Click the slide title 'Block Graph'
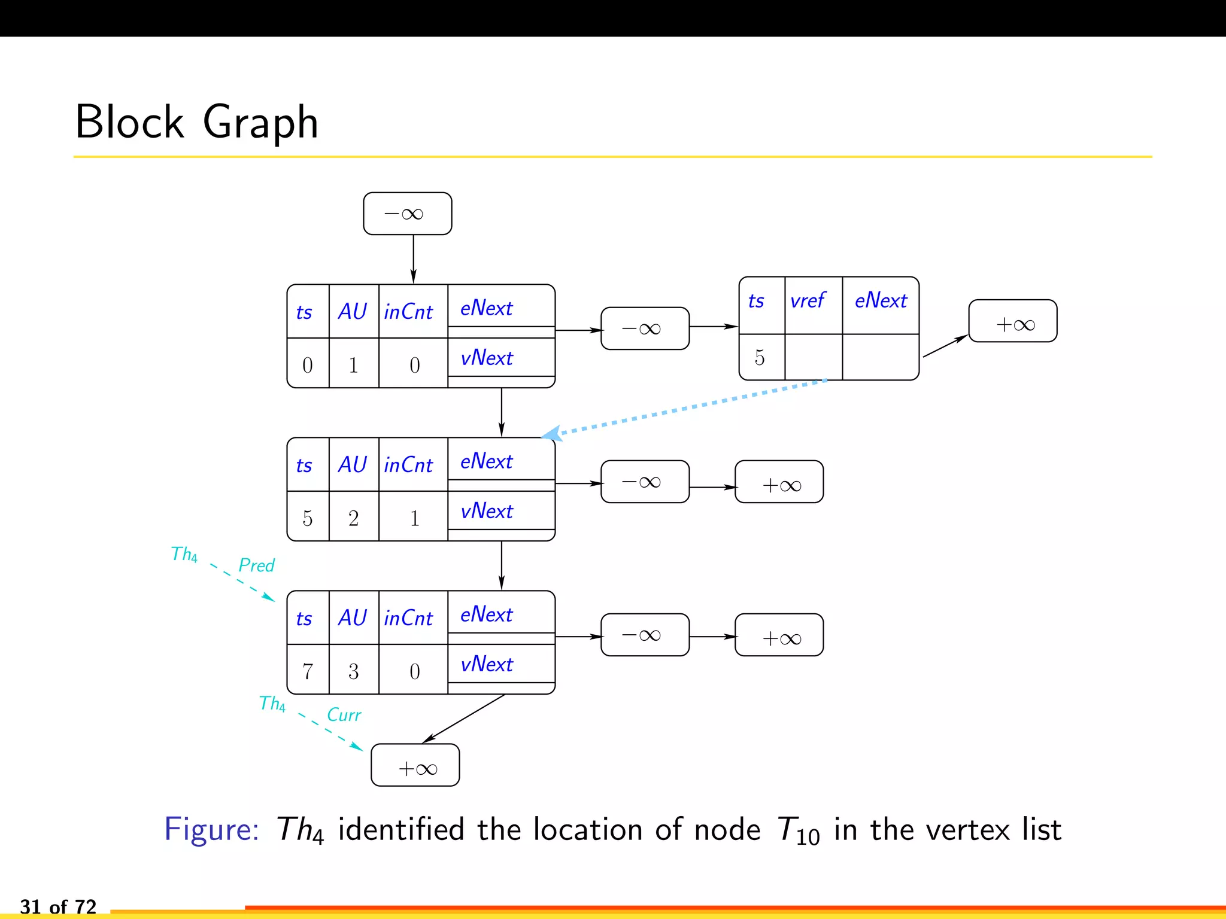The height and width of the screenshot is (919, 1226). pyautogui.click(x=196, y=121)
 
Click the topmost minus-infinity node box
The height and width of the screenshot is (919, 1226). pyautogui.click(x=407, y=214)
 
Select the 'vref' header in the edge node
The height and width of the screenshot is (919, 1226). pyautogui.click(x=808, y=300)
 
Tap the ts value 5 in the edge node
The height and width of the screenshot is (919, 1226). pyautogui.click(x=760, y=358)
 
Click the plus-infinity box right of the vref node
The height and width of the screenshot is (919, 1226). pyautogui.click(x=1013, y=321)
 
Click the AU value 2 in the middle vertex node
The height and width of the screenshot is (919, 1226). pyautogui.click(x=353, y=518)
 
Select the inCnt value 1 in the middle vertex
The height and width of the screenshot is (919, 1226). pyautogui.click(x=414, y=518)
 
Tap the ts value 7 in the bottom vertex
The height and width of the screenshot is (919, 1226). pyautogui.click(x=308, y=671)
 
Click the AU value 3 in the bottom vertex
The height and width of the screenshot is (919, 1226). pyautogui.click(x=353, y=671)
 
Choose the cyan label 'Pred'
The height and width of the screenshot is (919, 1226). pyautogui.click(x=256, y=565)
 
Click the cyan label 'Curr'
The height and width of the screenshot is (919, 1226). pyautogui.click(x=344, y=715)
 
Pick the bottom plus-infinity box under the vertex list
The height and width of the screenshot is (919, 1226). pyautogui.click(x=415, y=765)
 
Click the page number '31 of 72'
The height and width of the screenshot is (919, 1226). pyautogui.click(x=58, y=906)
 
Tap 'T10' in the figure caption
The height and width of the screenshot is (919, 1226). pyautogui.click(x=798, y=831)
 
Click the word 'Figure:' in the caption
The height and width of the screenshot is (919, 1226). pyautogui.click(x=211, y=830)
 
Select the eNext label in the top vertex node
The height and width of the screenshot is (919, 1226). pyautogui.click(x=486, y=308)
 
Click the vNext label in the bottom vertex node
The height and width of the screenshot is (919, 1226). pyautogui.click(x=486, y=664)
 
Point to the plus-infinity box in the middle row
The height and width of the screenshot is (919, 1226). pyautogui.click(x=779, y=482)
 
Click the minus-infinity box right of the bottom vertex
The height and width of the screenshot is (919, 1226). pyautogui.click(x=645, y=635)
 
